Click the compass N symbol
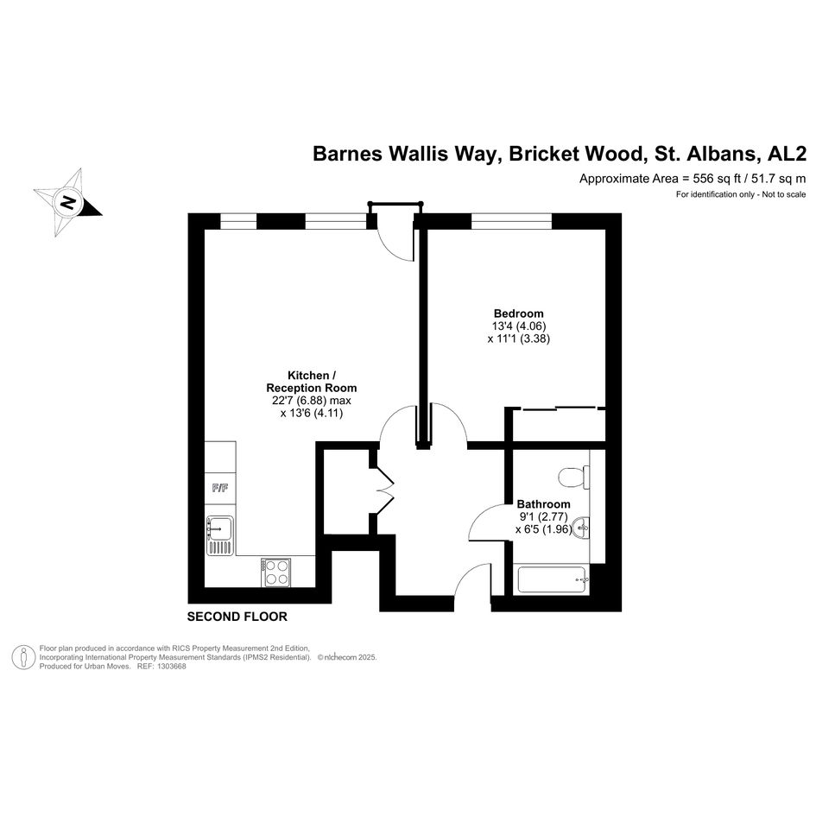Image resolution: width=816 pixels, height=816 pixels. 67,202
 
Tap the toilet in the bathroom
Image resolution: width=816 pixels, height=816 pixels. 573,477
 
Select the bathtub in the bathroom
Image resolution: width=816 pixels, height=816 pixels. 553,579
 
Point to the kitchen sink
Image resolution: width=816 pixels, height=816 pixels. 220,535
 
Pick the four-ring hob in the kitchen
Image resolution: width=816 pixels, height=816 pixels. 275,572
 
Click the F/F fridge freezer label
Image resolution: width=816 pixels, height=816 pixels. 219,488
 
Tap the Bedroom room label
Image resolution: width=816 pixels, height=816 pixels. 518,313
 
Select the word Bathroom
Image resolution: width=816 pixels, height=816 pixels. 543,503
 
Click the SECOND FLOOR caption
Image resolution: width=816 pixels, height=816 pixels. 237,617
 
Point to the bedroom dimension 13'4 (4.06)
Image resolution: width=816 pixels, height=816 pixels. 519,326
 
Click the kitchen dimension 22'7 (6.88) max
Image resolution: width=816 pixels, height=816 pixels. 312,401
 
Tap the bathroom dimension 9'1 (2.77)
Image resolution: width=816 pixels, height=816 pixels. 543,516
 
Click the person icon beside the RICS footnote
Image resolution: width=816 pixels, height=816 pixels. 23,657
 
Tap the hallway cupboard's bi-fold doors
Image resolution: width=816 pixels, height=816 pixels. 384,490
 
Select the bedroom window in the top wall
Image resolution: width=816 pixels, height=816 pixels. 511,221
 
